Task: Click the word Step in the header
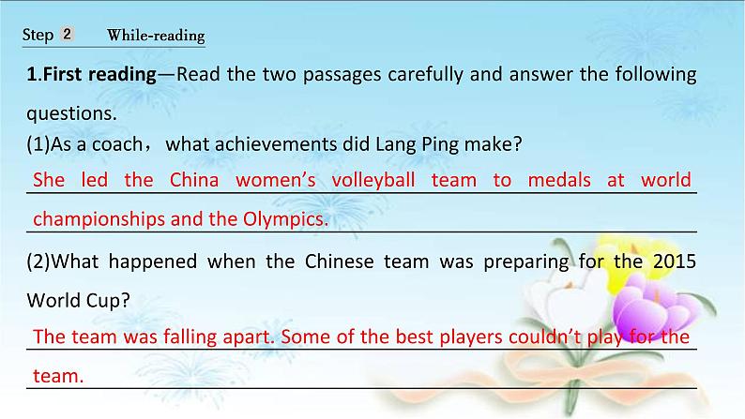click(x=38, y=36)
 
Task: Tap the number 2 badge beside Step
click(x=68, y=35)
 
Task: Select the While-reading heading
click(x=156, y=37)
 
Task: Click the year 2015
click(x=672, y=262)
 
